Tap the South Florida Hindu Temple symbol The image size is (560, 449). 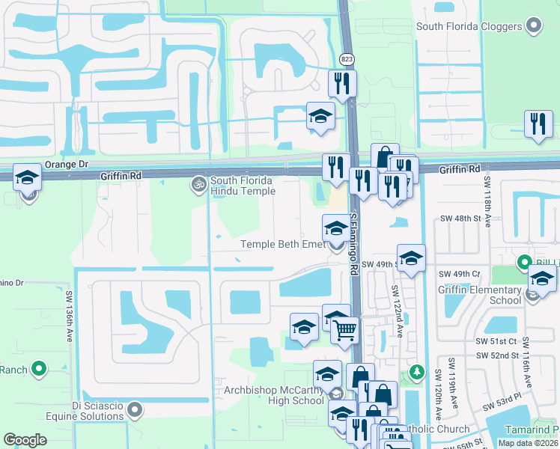198,183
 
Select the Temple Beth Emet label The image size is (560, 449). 282,244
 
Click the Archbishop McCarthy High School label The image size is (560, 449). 274,395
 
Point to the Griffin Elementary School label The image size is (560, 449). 484,295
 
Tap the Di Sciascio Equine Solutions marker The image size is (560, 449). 135,409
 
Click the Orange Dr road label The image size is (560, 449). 67,164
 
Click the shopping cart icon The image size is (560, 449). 344,330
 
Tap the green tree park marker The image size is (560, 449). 417,372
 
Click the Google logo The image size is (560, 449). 25,440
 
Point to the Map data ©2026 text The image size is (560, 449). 528,443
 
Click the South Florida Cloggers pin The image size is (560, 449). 534,27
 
